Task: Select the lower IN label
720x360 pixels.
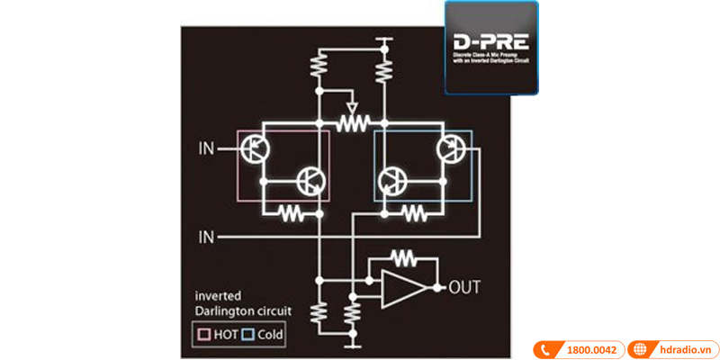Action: point(205,237)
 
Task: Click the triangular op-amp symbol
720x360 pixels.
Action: point(403,289)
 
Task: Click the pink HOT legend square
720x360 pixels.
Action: point(203,334)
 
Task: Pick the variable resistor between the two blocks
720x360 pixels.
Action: point(354,122)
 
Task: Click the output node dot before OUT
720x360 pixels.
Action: point(438,288)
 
